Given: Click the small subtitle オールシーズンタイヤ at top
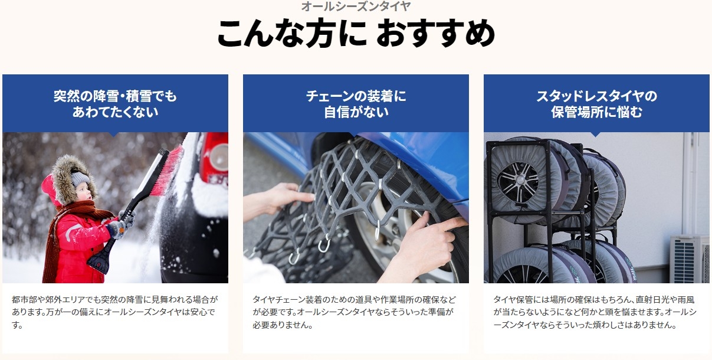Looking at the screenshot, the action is [356, 6].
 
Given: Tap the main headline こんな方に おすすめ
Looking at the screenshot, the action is [356, 33].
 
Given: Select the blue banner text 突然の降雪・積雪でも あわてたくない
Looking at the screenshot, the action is [115, 104].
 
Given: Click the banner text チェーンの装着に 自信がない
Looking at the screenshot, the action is [356, 104].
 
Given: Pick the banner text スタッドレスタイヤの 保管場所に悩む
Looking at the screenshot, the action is [596, 104].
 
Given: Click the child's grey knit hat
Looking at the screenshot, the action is [80, 179].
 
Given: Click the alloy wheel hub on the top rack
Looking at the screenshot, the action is [519, 182].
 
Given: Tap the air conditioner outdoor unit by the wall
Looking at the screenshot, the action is [690, 259].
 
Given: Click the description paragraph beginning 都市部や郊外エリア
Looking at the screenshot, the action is [115, 312].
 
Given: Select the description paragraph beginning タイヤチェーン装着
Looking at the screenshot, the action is [355, 312].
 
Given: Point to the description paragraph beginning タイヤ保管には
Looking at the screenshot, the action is [595, 312].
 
